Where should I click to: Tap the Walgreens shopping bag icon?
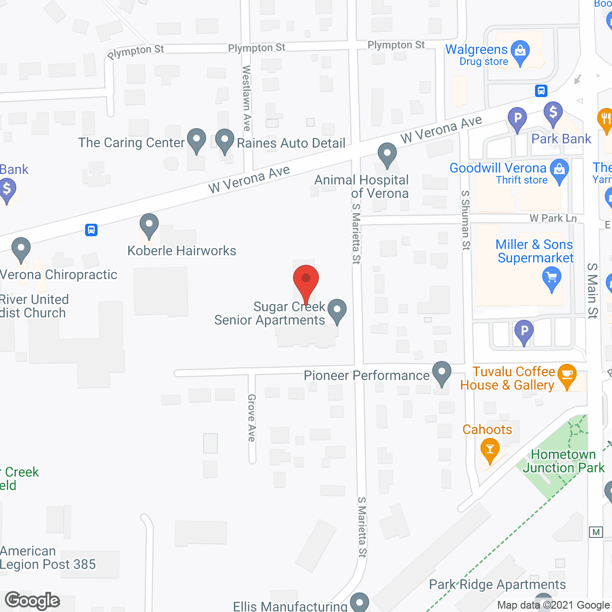pyautogui.click(x=520, y=51)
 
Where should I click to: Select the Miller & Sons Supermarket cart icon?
pyautogui.click(x=552, y=278)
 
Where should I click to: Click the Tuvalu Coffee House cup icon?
pyautogui.click(x=567, y=375)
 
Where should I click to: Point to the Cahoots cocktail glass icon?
pyautogui.click(x=490, y=450)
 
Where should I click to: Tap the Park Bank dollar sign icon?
pyautogui.click(x=553, y=113)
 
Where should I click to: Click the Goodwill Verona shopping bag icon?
pyautogui.click(x=559, y=170)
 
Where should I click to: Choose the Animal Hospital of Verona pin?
pyautogui.click(x=387, y=155)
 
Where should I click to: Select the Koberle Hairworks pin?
pyautogui.click(x=149, y=225)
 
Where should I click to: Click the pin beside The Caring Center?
pyautogui.click(x=196, y=140)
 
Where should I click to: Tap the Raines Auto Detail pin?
pyautogui.click(x=224, y=141)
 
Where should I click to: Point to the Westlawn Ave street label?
pyautogui.click(x=247, y=98)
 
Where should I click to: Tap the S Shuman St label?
pyautogui.click(x=466, y=220)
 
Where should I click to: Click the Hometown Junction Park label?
pyautogui.click(x=563, y=461)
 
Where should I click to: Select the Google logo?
pyautogui.click(x=33, y=601)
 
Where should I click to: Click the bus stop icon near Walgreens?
pyautogui.click(x=541, y=90)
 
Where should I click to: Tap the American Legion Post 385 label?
pyautogui.click(x=48, y=557)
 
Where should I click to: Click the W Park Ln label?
pyautogui.click(x=553, y=218)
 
